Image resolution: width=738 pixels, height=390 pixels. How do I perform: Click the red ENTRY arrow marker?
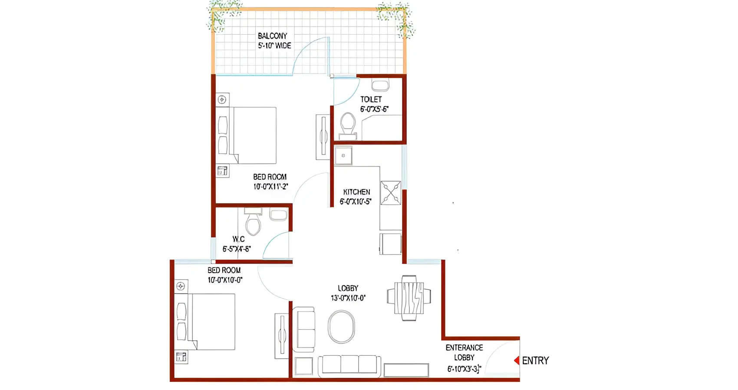tap(517, 360)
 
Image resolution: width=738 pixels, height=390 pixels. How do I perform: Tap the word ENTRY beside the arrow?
tap(535, 360)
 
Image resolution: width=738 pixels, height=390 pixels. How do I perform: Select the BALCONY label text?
tap(273, 36)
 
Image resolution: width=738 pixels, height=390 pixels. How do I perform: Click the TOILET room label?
tap(371, 99)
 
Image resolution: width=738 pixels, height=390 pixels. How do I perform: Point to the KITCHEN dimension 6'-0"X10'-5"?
tap(356, 202)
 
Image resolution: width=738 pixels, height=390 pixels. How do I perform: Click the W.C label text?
tap(238, 239)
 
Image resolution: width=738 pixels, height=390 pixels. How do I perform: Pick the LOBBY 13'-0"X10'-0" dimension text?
tap(348, 298)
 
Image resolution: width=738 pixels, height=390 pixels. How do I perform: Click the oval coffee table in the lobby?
tap(341, 327)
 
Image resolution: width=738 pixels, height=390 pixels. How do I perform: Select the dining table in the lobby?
tap(409, 297)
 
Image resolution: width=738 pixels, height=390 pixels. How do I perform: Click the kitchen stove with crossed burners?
tap(391, 193)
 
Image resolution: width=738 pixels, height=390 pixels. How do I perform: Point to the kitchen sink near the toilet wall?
tap(343, 155)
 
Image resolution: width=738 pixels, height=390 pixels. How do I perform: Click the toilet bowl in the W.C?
tap(253, 224)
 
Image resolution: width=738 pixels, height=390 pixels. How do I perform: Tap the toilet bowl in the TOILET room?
tap(348, 124)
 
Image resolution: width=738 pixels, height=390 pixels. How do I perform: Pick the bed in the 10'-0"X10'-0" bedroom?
tap(213, 322)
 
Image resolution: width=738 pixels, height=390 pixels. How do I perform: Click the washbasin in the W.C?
tap(278, 215)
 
